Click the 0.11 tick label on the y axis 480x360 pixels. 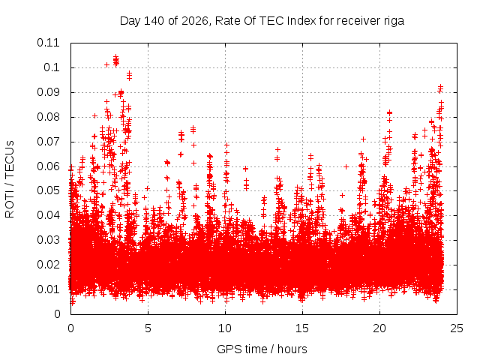(x=48, y=43)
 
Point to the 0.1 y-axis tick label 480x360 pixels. (x=52, y=67)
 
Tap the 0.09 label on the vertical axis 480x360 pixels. (x=48, y=92)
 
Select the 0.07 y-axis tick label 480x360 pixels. (x=48, y=142)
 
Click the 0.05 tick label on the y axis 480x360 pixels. (x=48, y=190)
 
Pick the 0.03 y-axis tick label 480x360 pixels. (x=48, y=240)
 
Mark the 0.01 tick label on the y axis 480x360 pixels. (x=48, y=289)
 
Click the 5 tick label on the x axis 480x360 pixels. (x=148, y=328)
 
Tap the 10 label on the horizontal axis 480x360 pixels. (x=225, y=328)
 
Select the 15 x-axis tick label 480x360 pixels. (x=302, y=328)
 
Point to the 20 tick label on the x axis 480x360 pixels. (x=379, y=328)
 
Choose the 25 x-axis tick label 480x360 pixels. (x=457, y=328)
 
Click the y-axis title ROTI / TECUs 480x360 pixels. (x=10, y=179)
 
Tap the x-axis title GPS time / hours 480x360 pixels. (x=262, y=349)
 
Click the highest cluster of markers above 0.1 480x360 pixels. (x=116, y=60)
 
